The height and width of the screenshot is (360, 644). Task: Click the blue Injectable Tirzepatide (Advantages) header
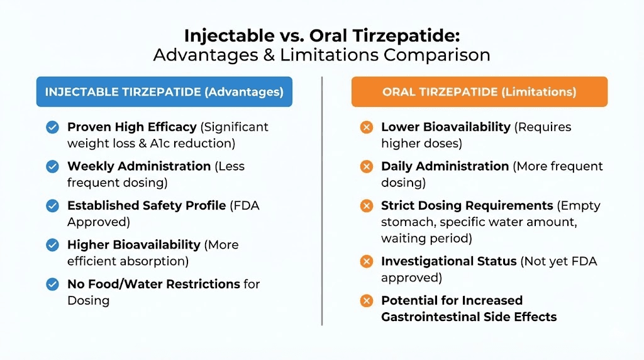pyautogui.click(x=164, y=92)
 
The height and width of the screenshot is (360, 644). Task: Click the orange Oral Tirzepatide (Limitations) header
pyautogui.click(x=479, y=92)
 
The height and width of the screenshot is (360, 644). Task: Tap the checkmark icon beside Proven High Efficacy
pyautogui.click(x=53, y=127)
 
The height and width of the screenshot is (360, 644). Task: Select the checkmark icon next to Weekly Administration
pyautogui.click(x=53, y=167)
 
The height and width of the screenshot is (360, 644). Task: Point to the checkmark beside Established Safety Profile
pyautogui.click(x=53, y=206)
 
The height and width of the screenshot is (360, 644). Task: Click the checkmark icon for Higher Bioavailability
pyautogui.click(x=53, y=245)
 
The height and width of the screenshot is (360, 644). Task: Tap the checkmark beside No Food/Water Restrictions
pyautogui.click(x=53, y=284)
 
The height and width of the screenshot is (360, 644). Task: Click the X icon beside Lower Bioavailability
pyautogui.click(x=366, y=127)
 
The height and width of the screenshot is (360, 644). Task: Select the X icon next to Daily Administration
pyautogui.click(x=366, y=167)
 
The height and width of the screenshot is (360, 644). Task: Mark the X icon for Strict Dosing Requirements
pyautogui.click(x=366, y=206)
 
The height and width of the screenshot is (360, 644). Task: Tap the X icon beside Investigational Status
pyautogui.click(x=366, y=261)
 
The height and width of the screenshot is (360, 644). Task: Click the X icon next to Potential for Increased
pyautogui.click(x=366, y=301)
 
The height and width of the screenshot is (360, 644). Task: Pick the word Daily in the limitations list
pyautogui.click(x=398, y=166)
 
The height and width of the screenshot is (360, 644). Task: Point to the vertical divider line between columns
pyautogui.click(x=322, y=201)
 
